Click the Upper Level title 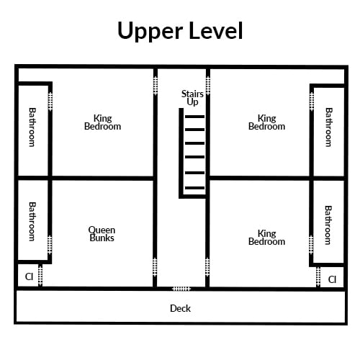(x=180, y=31)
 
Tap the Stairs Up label (x=192, y=98)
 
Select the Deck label (x=180, y=308)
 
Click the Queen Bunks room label (x=102, y=234)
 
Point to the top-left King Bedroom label (x=102, y=122)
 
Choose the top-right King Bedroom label (x=266, y=122)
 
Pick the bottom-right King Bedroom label (x=266, y=238)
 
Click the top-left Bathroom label (x=32, y=127)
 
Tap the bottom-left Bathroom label (x=32, y=221)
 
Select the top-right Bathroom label (x=328, y=127)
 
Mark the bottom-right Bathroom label (x=328, y=225)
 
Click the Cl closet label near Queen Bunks (x=29, y=276)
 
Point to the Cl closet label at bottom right (x=332, y=279)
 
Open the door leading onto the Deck (x=181, y=289)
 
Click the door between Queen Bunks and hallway (x=155, y=267)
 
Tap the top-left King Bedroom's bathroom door (x=50, y=102)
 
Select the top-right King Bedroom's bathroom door (x=312, y=102)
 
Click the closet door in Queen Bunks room (x=40, y=276)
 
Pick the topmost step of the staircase (x=194, y=117)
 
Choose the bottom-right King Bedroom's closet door (x=318, y=276)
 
